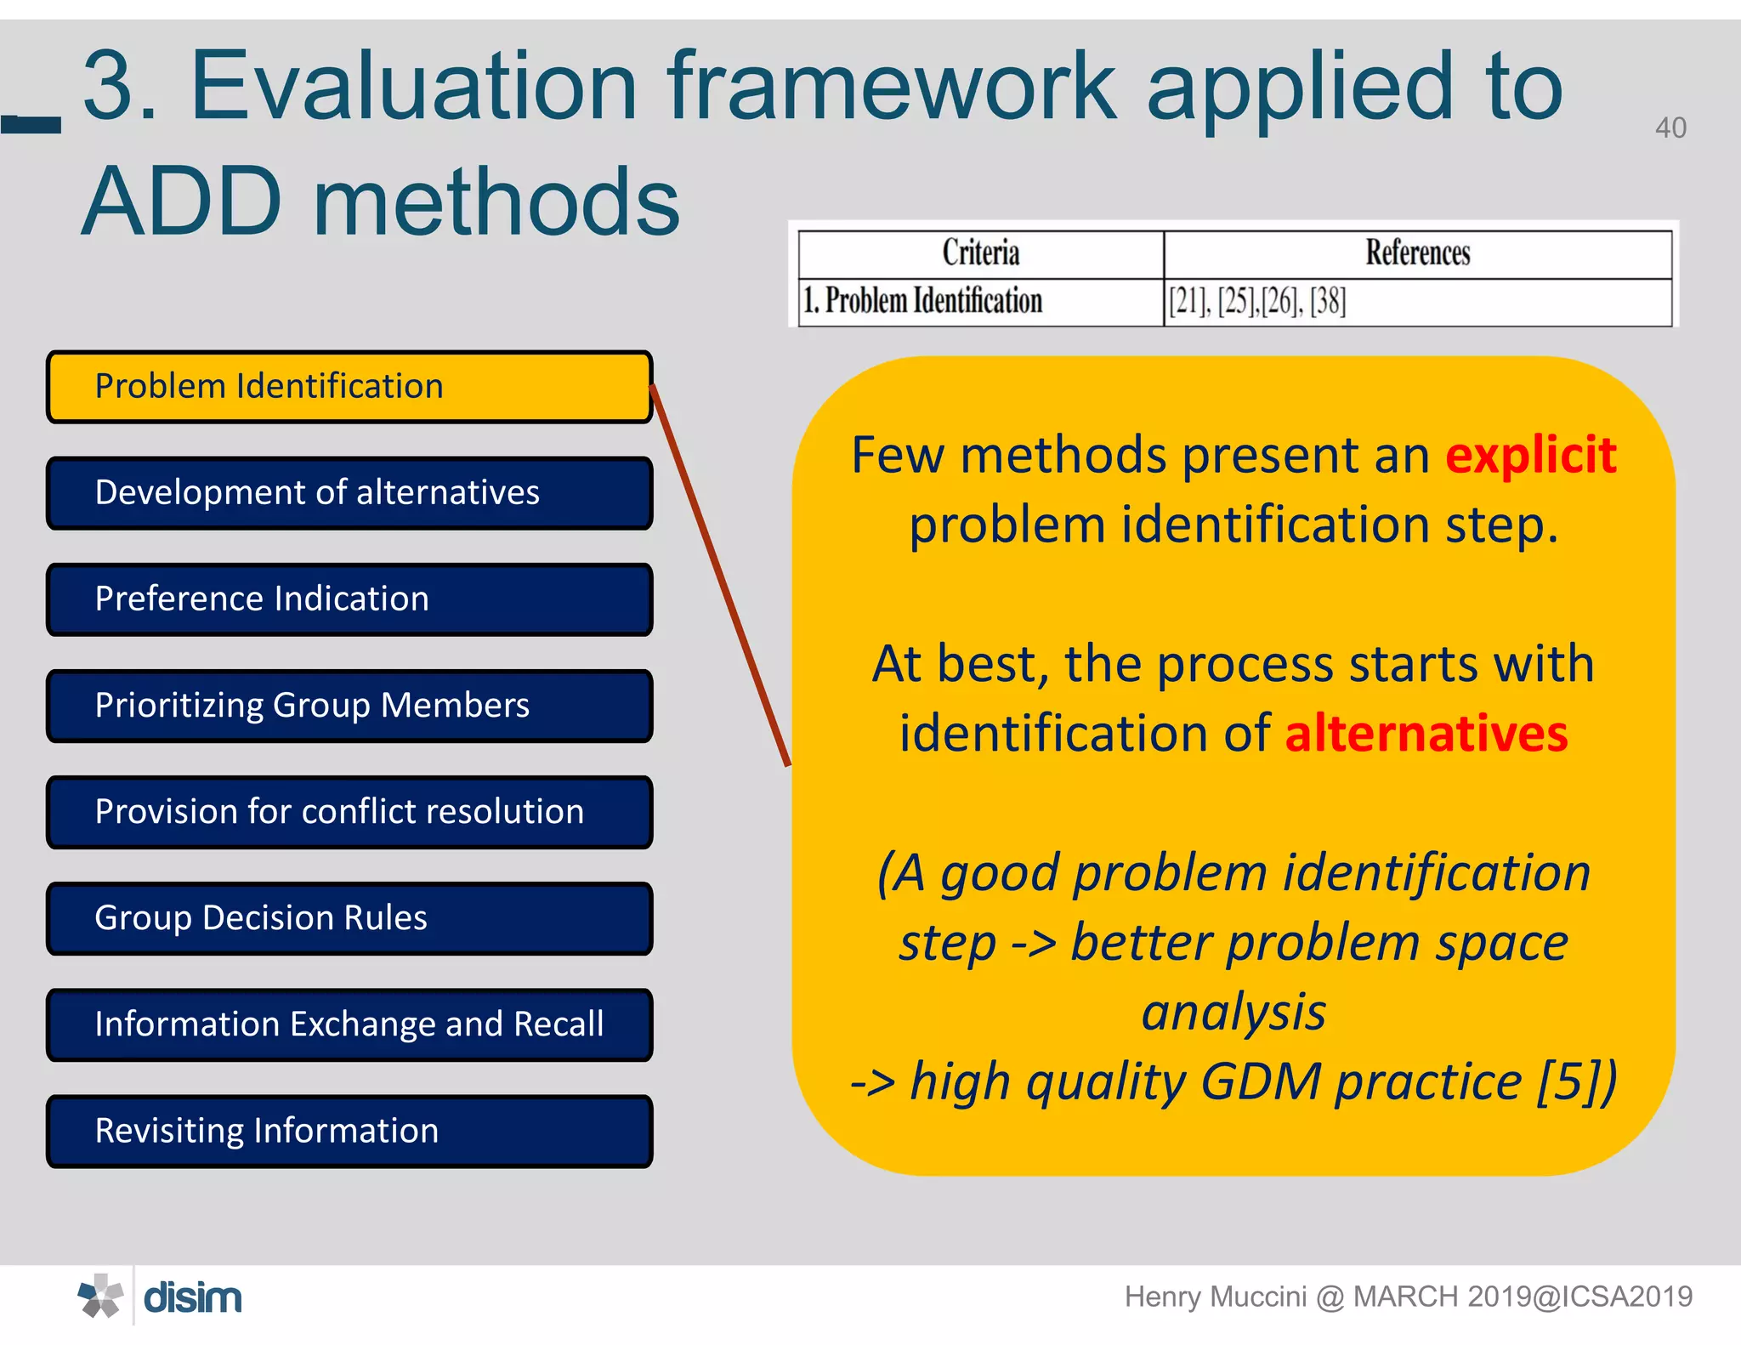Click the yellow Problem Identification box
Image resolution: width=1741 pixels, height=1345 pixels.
(x=349, y=387)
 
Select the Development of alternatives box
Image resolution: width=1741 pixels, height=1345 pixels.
(x=349, y=493)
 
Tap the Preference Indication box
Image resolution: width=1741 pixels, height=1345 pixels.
(x=349, y=599)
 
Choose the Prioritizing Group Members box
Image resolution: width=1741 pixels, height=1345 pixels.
(x=349, y=706)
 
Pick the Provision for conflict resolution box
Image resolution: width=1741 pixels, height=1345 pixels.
(x=349, y=812)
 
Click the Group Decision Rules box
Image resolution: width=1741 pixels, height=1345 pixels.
(x=349, y=918)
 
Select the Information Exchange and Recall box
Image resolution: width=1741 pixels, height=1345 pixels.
(x=349, y=1024)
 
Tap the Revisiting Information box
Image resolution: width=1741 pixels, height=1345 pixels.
(x=349, y=1131)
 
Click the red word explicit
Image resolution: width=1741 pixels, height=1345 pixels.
(x=1530, y=456)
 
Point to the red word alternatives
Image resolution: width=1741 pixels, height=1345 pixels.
(x=1426, y=734)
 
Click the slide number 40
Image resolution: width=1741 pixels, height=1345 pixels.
(x=1670, y=128)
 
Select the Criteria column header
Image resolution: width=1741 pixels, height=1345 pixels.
(x=980, y=253)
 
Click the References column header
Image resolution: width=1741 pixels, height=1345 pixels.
(x=1417, y=253)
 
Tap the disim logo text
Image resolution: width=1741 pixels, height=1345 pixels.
(x=193, y=1298)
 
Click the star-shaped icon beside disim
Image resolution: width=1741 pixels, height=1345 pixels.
(x=100, y=1297)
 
